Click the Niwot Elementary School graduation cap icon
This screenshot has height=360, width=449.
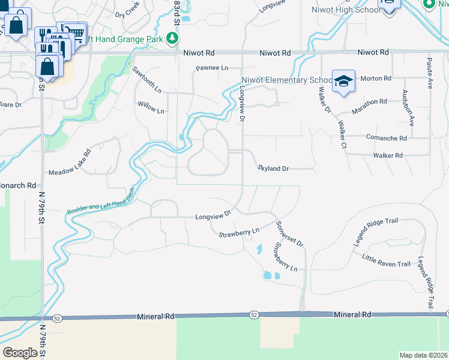343,82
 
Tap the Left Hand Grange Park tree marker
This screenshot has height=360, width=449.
173,39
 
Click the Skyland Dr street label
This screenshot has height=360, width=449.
273,169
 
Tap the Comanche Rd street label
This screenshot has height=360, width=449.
386,137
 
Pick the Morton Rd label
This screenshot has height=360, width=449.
376,79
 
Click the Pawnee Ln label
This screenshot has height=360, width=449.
212,68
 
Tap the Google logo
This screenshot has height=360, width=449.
20,353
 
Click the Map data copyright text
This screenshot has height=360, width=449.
423,355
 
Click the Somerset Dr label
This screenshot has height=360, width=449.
290,233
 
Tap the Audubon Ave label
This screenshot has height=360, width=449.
411,109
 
